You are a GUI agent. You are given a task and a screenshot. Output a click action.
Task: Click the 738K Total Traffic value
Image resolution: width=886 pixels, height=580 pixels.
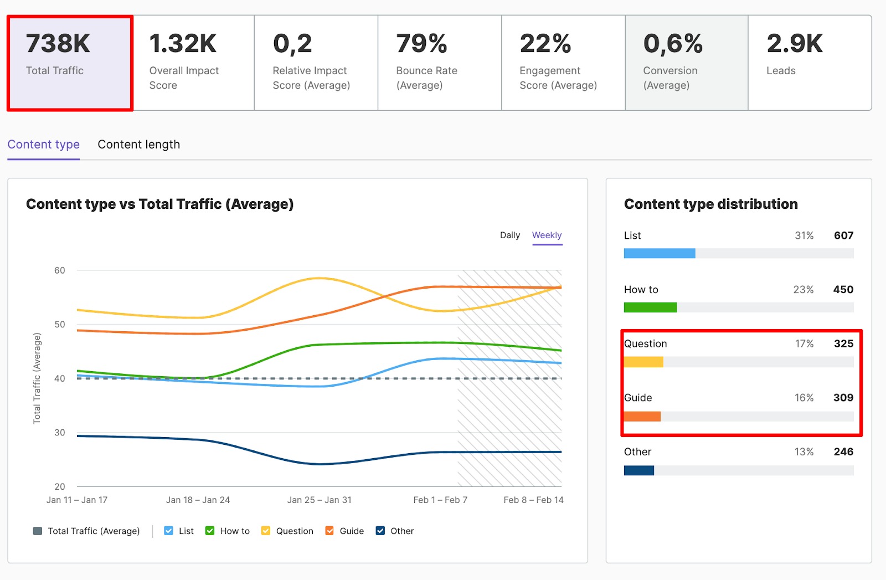[x=58, y=44]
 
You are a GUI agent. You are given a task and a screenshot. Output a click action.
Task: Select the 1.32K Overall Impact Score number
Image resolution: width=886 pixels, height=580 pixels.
[x=183, y=44]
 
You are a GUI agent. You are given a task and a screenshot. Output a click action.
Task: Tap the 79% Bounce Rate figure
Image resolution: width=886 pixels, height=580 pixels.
[x=421, y=44]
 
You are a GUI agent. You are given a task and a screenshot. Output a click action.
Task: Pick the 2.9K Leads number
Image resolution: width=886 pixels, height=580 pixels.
[x=795, y=44]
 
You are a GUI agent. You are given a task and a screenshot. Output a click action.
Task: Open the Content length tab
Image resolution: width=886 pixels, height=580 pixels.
[x=138, y=145]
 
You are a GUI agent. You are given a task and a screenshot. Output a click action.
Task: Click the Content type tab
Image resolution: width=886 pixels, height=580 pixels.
[x=43, y=145]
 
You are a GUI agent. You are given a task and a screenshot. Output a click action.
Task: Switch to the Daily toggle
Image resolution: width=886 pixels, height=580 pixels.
[x=509, y=235]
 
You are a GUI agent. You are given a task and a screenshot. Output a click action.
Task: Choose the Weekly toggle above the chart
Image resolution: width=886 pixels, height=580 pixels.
[x=547, y=235]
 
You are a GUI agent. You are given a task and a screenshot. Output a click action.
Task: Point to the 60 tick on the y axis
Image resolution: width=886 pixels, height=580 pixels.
[x=59, y=270]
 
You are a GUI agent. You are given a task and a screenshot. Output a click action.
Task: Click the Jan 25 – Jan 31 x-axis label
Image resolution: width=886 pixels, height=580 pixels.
[x=319, y=500]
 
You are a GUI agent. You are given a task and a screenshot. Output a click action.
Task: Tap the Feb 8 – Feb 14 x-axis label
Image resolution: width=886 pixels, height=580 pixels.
[x=533, y=500]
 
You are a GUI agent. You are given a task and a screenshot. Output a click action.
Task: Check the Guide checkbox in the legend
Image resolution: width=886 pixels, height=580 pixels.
[x=329, y=531]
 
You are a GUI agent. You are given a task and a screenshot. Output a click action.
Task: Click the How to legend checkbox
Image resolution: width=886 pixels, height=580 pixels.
[x=210, y=531]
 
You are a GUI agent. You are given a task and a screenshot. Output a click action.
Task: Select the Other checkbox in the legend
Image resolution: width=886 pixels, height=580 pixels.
[x=380, y=531]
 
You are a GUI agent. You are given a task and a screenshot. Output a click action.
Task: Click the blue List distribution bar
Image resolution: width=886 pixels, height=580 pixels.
[x=659, y=253]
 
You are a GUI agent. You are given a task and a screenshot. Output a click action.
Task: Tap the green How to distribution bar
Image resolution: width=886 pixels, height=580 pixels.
[x=650, y=307]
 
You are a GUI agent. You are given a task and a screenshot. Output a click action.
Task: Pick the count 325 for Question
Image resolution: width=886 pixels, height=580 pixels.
[x=843, y=343]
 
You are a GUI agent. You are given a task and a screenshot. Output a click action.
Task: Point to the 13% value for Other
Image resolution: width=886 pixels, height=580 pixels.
[x=803, y=451]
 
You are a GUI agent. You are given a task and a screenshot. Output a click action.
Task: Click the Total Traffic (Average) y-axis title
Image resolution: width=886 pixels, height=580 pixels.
[x=37, y=378]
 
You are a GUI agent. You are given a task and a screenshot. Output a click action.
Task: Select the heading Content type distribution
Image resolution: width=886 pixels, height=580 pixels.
[x=710, y=204]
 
